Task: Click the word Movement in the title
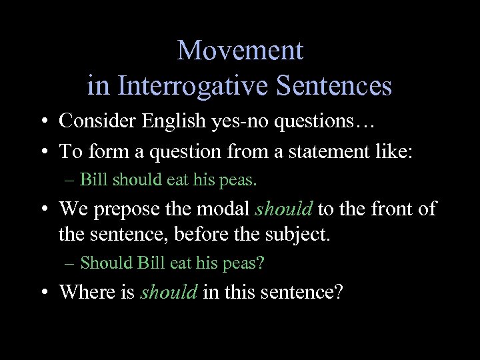click(x=240, y=50)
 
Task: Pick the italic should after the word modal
click(x=284, y=209)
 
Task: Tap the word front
click(x=383, y=209)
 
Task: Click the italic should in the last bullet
click(x=168, y=292)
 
